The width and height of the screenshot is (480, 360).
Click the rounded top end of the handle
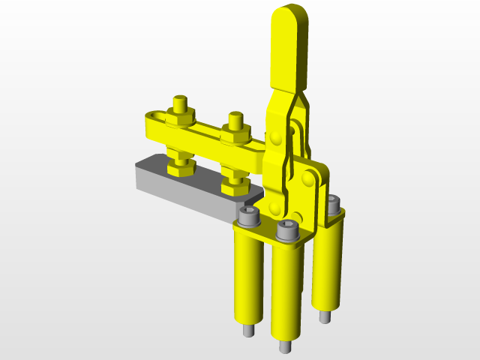point(287,16)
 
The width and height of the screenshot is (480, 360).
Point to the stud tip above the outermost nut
point(179,101)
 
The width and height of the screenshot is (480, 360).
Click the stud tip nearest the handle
point(235,118)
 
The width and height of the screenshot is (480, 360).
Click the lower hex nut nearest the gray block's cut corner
point(235,183)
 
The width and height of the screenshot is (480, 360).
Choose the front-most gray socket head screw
point(287,231)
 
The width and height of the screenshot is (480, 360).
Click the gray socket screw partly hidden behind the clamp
point(333,202)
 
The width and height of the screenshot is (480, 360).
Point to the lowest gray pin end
point(285,347)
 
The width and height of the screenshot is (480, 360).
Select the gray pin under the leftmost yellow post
point(247,331)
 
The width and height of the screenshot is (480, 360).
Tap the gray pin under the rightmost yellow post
point(324,317)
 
